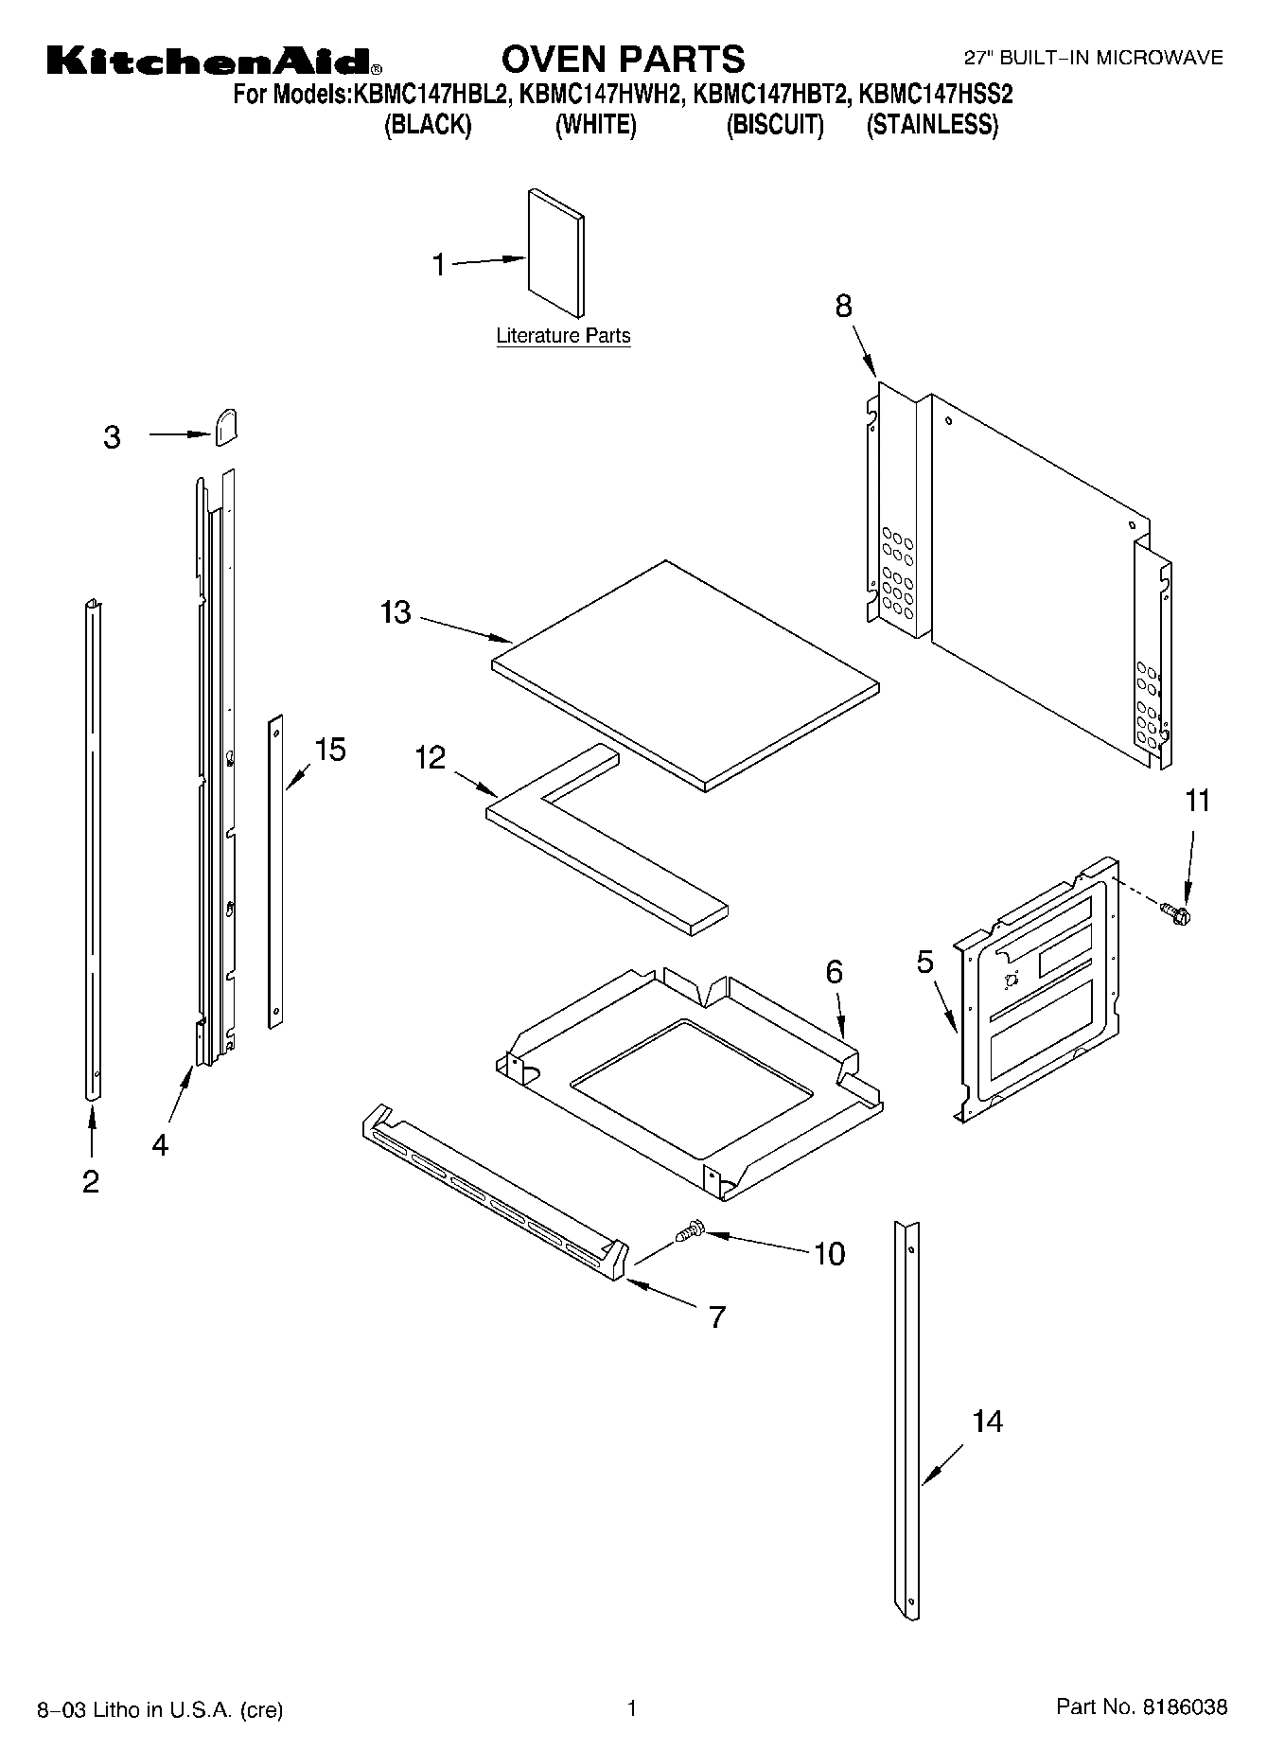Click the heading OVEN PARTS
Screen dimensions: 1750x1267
(623, 59)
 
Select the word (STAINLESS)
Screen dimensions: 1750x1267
(932, 125)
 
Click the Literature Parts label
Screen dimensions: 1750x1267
(563, 336)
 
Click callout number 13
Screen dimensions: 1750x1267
(396, 613)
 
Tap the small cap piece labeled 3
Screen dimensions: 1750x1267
(225, 427)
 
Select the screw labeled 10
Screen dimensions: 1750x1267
(691, 1229)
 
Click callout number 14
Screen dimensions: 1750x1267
(987, 1422)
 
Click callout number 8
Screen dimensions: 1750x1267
(843, 306)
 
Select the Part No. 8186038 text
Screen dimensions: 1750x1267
(1141, 1707)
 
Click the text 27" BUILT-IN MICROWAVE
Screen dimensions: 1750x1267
(1093, 59)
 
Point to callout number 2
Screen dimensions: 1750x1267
(91, 1181)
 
